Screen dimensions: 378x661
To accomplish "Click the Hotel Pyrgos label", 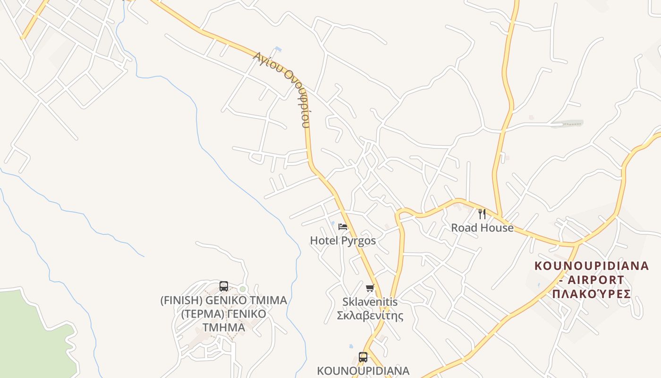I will coord(343,241).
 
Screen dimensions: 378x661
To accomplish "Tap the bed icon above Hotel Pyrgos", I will coord(343,227).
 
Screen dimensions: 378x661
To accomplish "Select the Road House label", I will coord(482,228).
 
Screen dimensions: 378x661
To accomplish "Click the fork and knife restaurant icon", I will coord(482,214).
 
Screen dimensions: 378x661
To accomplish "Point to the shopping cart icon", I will coord(370,288).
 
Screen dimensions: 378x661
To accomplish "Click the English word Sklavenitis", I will coord(370,301).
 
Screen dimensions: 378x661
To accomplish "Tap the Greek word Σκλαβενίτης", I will coord(370,315).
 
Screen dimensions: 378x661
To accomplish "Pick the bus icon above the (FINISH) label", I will coord(224,286).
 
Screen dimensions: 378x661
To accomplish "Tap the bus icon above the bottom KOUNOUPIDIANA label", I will coord(363,357).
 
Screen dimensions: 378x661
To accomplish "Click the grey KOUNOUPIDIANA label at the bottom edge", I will coord(363,370).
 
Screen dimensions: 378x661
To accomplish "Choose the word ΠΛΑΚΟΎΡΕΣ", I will coord(592,294).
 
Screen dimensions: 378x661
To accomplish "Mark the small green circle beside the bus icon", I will coord(243,289).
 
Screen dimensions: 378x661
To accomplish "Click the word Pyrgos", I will coord(358,241).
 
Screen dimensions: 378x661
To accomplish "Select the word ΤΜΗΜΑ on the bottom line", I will coord(224,327).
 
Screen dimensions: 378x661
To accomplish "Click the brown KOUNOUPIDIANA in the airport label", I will coord(592,266).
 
